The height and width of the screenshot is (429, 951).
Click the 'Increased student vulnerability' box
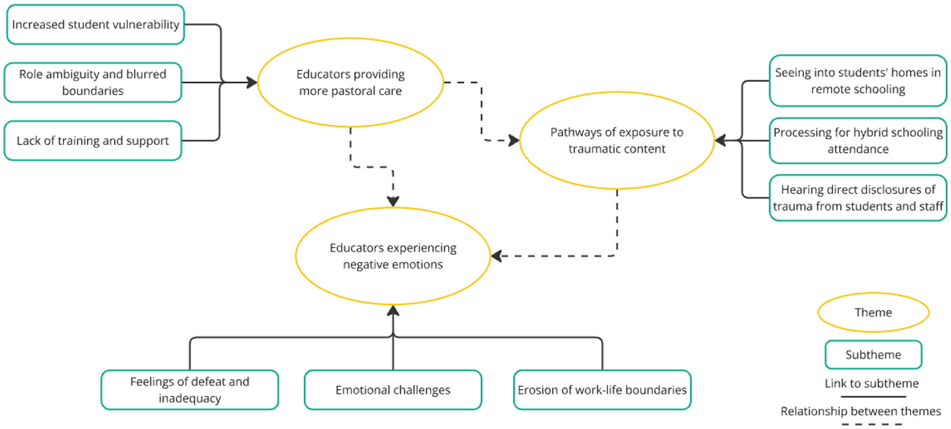pos(96,25)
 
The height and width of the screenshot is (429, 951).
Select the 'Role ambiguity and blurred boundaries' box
pos(93,82)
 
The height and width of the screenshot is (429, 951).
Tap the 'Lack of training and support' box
pos(93,141)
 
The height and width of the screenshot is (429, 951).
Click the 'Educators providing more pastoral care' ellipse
pos(350,82)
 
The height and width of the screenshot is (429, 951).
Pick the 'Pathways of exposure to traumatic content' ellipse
pos(617,140)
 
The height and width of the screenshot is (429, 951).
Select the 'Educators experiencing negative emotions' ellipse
pos(393,256)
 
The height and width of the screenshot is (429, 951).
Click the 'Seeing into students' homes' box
pos(858,81)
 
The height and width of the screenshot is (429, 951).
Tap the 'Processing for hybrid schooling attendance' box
pos(858,141)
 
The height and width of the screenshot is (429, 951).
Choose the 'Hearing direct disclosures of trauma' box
pos(858,198)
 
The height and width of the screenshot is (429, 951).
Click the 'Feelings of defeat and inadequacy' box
pos(189,390)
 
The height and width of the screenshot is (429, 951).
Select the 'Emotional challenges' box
pos(393,390)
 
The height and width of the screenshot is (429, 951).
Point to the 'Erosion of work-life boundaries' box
pos(602,390)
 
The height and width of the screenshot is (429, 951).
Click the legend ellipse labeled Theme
pos(873,312)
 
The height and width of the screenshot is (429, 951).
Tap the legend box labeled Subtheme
pos(873,354)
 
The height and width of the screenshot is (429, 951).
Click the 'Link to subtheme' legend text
pos(872,383)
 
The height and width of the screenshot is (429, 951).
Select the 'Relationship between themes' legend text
pos(860,411)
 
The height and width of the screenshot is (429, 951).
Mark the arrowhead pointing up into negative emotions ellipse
pos(393,310)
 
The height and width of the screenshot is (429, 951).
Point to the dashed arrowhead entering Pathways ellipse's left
pos(514,141)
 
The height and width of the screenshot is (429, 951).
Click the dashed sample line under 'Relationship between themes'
pos(872,425)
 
